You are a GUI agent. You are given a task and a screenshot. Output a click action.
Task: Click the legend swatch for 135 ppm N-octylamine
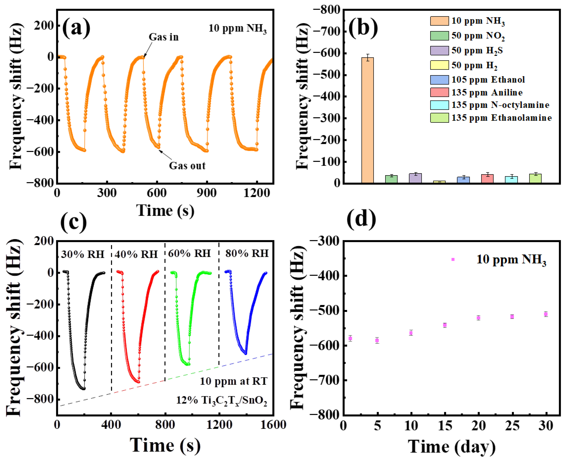[439, 105]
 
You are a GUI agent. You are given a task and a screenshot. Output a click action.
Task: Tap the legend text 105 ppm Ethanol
[488, 80]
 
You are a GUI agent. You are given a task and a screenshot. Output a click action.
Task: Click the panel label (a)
[76, 27]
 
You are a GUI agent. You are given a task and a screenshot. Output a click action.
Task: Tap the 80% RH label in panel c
[247, 253]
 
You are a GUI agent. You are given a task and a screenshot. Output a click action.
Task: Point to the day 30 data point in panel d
[546, 314]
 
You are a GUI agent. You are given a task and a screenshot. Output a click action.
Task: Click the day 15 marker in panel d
[445, 325]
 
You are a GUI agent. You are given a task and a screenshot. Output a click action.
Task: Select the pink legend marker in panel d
[453, 259]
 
